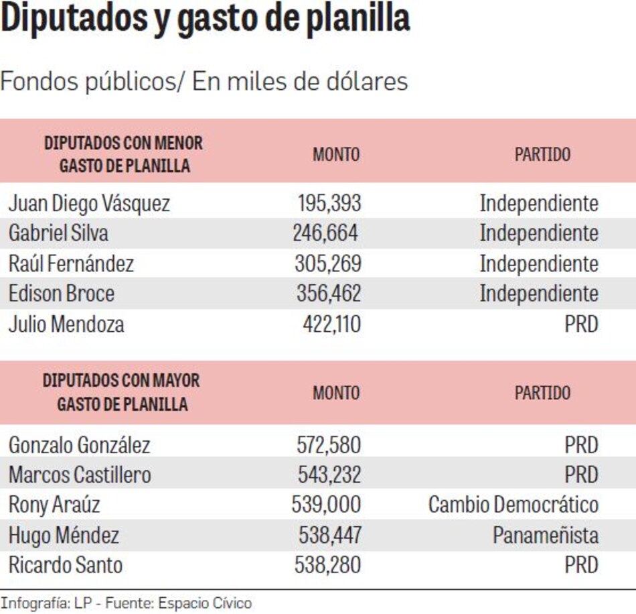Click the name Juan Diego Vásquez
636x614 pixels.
89,203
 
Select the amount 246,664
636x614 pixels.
325,233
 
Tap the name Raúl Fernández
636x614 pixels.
71,263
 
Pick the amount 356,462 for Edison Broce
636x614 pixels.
328,294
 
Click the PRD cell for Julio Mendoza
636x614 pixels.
581,324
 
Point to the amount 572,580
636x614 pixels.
328,444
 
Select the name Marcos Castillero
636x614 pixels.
80,475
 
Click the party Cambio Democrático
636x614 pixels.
513,505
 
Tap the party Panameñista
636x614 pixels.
546,535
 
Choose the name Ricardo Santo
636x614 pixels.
66,564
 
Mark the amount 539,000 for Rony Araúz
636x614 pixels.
326,505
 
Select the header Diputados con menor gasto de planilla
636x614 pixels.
124,154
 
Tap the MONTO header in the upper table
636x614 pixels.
336,154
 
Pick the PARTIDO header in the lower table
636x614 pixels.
542,392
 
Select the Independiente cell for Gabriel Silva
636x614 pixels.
539,233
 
